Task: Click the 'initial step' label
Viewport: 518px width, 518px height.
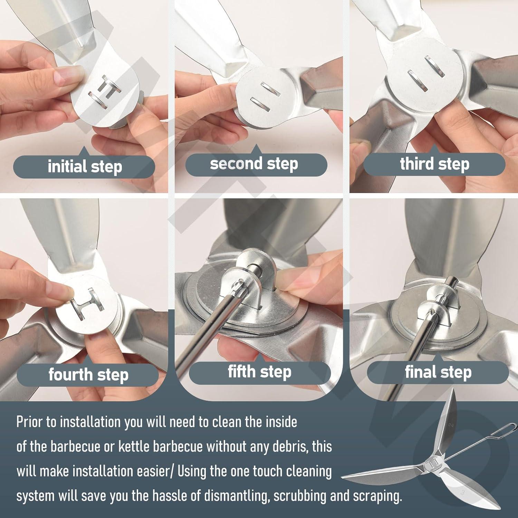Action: tap(85, 167)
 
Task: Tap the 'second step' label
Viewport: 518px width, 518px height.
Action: tap(254, 164)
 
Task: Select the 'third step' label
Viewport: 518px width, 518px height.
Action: tap(434, 164)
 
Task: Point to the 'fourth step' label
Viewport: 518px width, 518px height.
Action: tap(88, 375)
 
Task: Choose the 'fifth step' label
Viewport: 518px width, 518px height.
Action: tap(259, 372)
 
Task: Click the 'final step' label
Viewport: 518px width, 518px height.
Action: tap(438, 372)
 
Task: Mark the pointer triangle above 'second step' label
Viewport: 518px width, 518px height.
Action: tap(256, 150)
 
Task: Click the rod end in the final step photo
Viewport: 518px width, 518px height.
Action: tap(451, 281)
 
